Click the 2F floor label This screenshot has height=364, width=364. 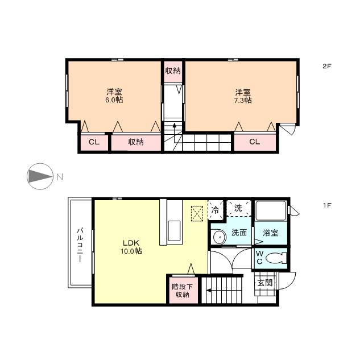326,66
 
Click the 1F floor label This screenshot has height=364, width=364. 326,205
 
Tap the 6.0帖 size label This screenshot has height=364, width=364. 114,100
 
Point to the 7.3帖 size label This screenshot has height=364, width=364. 243,100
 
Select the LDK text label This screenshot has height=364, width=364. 131,243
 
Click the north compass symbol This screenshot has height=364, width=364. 40,176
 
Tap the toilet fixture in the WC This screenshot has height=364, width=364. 276,258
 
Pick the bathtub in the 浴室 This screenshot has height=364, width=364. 271,211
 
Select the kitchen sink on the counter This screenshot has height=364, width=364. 174,231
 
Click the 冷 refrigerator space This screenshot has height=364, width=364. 216,210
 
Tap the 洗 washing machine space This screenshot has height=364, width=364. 239,208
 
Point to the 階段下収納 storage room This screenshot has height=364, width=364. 183,290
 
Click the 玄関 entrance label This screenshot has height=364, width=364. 265,283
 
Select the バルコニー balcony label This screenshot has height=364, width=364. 80,245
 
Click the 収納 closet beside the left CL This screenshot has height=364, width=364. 136,142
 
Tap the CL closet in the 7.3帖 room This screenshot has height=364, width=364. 255,142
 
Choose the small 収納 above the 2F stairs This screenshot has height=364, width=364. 173,71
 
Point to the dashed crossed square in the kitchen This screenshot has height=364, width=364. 197,214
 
